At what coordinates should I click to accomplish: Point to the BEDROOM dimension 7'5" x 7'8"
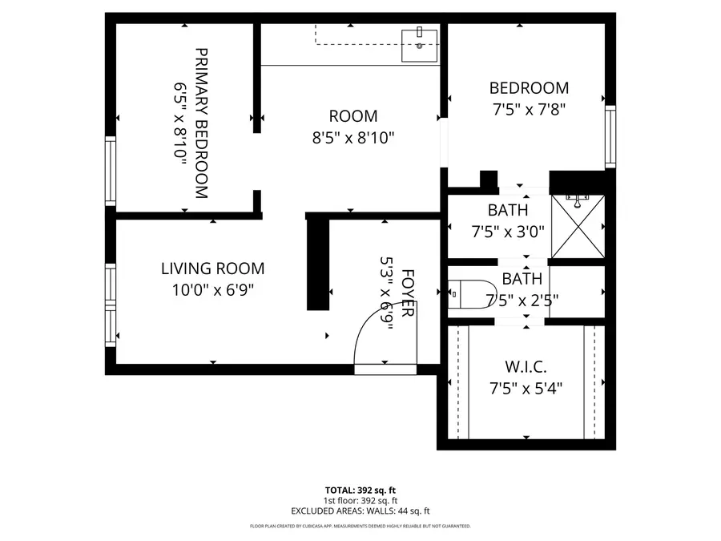[x=529, y=108]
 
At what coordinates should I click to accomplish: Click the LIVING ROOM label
[x=212, y=269]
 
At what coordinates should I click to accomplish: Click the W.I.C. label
[x=526, y=368]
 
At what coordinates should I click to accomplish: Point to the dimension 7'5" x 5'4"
[x=526, y=389]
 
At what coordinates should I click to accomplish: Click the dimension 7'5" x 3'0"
[x=508, y=232]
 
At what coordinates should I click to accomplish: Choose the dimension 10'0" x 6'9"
[x=212, y=290]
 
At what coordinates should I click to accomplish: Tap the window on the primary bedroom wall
[x=111, y=171]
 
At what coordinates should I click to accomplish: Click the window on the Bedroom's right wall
[x=610, y=137]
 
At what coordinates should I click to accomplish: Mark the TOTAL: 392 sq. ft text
[x=360, y=490]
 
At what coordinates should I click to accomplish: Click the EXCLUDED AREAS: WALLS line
[x=360, y=511]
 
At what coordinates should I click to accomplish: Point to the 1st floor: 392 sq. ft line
[x=360, y=500]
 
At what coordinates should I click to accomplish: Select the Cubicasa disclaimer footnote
[x=360, y=527]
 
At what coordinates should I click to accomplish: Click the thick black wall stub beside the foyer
[x=318, y=264]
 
